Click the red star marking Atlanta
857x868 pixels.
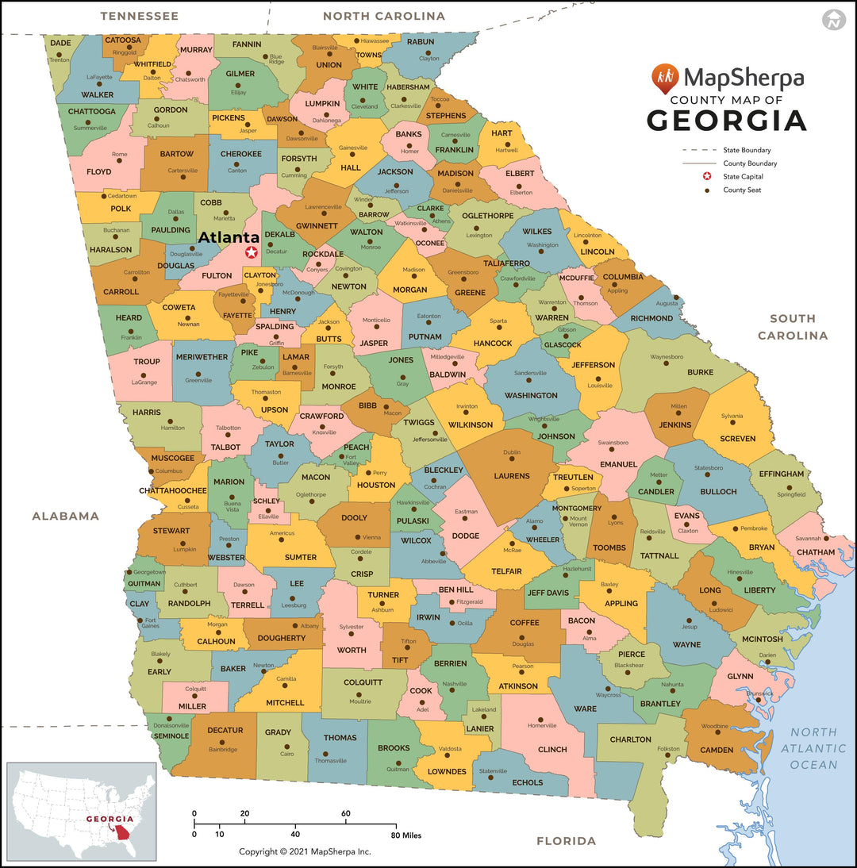(x=252, y=252)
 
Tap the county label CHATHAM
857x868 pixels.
(x=816, y=552)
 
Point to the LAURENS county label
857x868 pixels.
(x=511, y=476)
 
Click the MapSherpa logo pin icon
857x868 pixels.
(x=665, y=78)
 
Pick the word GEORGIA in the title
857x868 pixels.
(x=726, y=121)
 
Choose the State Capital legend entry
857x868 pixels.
(x=742, y=177)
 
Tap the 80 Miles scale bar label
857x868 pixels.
(x=406, y=835)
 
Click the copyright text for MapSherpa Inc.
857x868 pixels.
(x=306, y=851)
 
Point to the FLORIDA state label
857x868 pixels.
(x=566, y=841)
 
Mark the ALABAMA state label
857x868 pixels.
(x=66, y=516)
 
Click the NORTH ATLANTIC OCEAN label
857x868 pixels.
(x=813, y=748)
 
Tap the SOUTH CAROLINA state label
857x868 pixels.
(x=792, y=327)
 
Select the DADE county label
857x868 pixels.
(x=60, y=43)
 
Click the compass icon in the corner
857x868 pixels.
(x=832, y=20)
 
